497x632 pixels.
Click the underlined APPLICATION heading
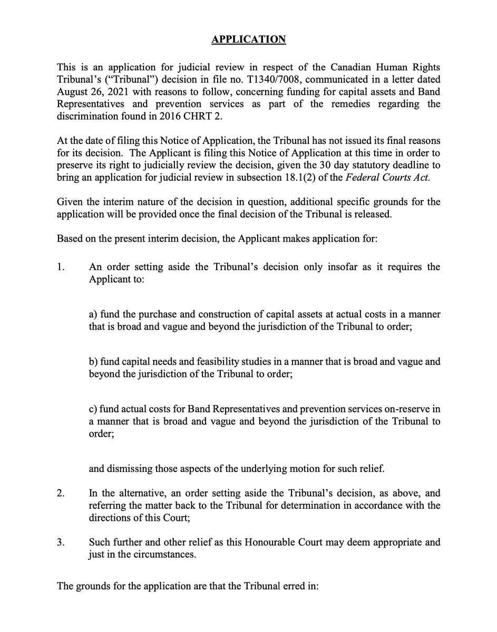pos(248,40)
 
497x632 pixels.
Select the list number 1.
pos(61,267)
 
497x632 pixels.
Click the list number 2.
pos(61,493)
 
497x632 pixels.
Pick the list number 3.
pos(61,542)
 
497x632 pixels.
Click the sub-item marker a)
pos(93,314)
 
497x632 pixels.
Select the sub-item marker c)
pos(93,410)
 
